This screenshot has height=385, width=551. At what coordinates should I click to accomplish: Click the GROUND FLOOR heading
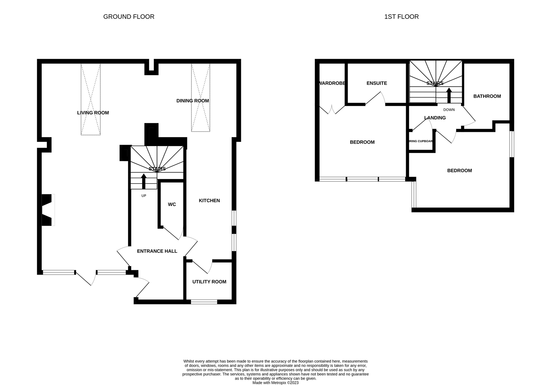point(128,17)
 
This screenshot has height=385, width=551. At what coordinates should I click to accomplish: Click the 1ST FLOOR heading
point(401,17)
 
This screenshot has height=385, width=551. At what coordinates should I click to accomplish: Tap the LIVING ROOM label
point(93,113)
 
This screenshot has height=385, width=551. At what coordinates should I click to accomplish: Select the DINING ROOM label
point(192,101)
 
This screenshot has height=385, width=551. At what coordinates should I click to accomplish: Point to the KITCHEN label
point(209,201)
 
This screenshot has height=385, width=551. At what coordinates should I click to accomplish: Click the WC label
point(172,205)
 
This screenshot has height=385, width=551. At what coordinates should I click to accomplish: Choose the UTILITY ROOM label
point(209,282)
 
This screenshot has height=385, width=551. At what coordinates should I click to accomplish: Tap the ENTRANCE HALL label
point(157,251)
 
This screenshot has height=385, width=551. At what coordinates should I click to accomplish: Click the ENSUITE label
point(376,83)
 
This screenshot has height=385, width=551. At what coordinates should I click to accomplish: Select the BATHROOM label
point(487,96)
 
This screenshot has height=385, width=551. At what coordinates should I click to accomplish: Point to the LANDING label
point(435,118)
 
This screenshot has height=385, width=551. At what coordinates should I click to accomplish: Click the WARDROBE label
point(332,83)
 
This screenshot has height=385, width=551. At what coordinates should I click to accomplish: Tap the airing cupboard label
point(421,141)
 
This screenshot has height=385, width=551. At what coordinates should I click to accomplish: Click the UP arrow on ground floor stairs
point(144,181)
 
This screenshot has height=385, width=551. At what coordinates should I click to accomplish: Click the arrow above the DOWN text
point(449,95)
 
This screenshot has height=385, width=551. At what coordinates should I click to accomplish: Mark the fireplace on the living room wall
point(48,210)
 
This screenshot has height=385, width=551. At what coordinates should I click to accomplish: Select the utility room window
point(204,302)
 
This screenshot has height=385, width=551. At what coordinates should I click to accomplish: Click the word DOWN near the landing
point(449,110)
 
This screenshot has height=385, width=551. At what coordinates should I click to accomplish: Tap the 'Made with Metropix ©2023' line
point(275,383)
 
